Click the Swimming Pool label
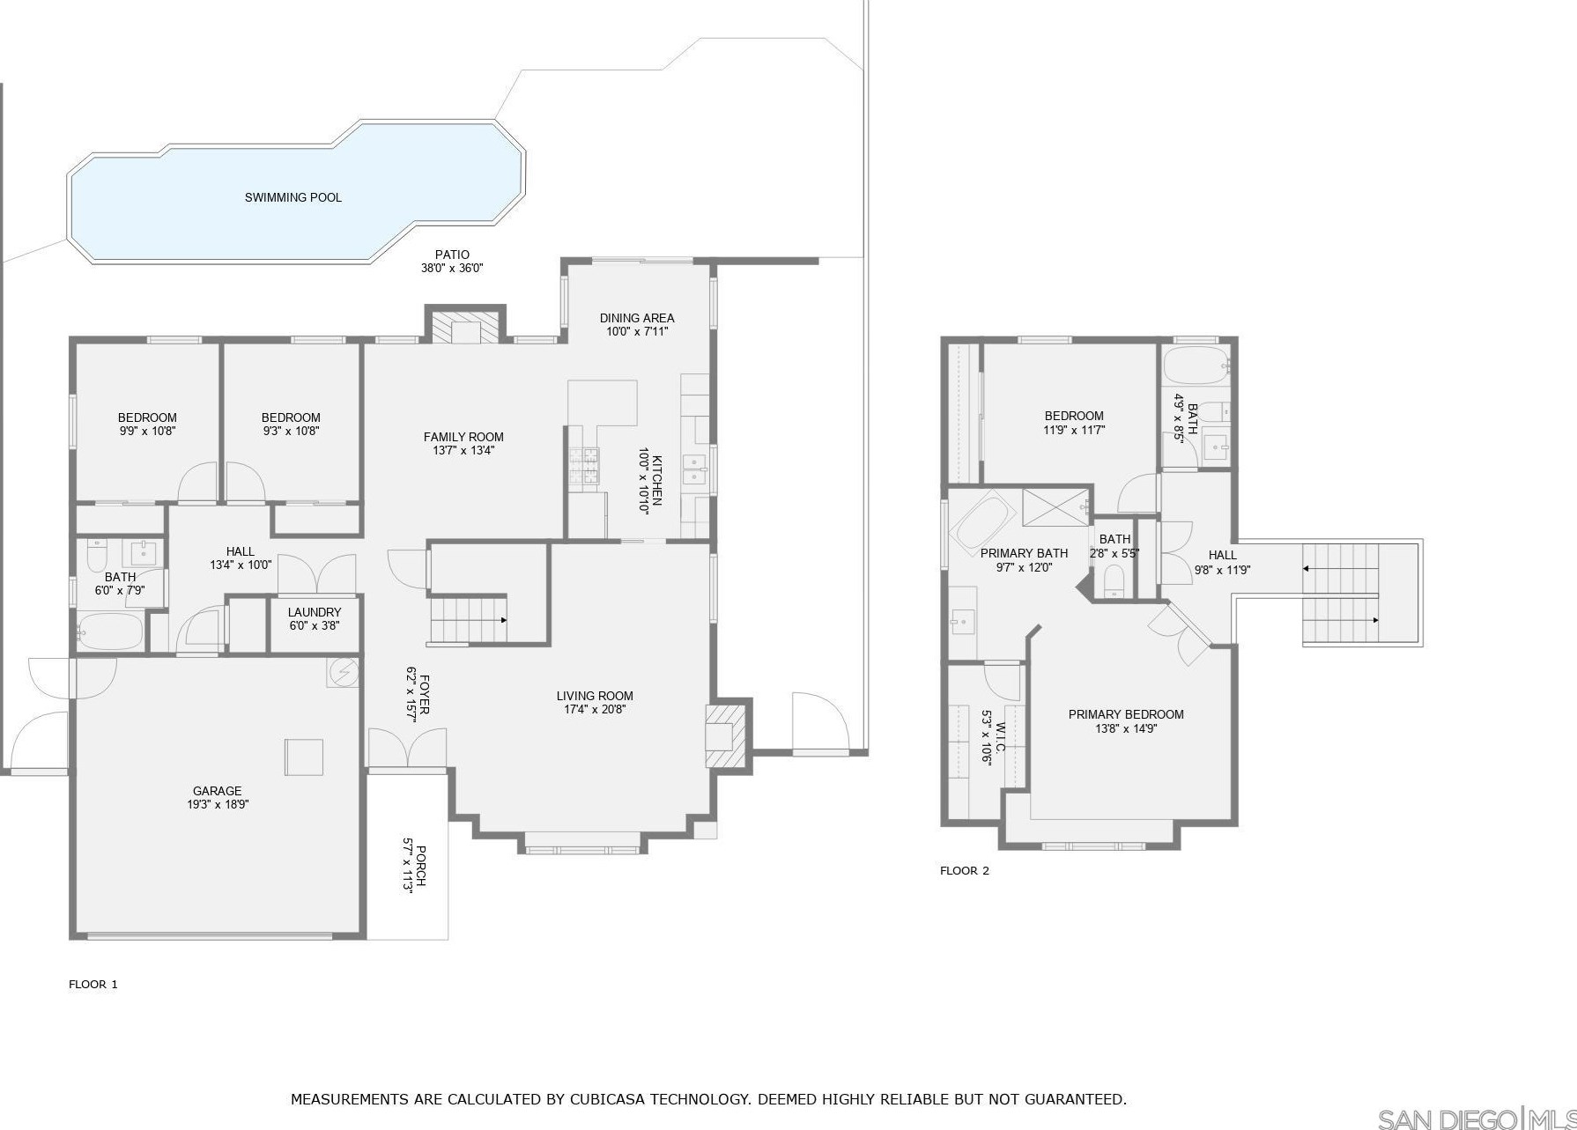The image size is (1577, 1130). pos(293,197)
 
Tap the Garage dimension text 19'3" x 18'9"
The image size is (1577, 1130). pos(218,804)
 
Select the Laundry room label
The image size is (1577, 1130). pos(315,612)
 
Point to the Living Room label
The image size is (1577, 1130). pos(595,696)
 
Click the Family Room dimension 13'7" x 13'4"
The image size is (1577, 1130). pos(463,450)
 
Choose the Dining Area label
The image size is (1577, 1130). pos(637,318)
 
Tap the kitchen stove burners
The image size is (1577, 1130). pos(583,466)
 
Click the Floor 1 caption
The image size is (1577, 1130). pos(93,984)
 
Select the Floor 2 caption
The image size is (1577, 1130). pos(965,870)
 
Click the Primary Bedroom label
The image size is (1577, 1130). pos(1126,714)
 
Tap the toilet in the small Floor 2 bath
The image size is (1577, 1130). pos(1114,580)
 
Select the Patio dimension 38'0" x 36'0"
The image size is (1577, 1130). pos(452,268)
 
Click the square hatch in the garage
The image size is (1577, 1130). pos(304,757)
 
